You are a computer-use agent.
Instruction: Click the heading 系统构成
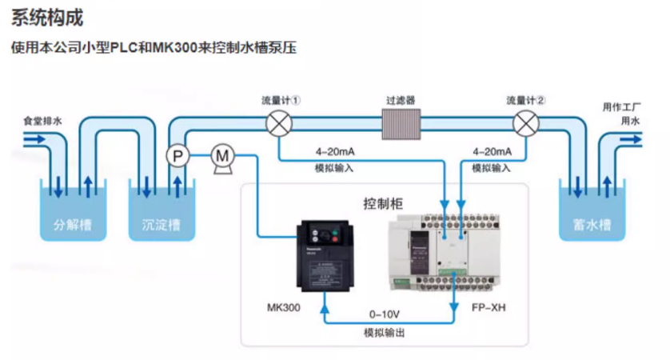tap(47, 17)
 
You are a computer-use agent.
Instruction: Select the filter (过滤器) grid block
tap(401, 124)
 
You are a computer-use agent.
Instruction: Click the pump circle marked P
tap(177, 155)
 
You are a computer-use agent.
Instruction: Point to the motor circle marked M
tap(223, 155)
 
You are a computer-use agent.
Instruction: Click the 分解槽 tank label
tap(73, 225)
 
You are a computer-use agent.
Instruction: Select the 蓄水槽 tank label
tap(592, 225)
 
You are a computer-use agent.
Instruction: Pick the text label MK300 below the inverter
tap(283, 307)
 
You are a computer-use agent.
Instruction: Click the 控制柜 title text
tap(383, 203)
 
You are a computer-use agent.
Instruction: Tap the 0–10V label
tap(385, 314)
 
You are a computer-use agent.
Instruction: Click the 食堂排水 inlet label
tap(42, 121)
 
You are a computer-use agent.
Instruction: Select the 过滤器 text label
tap(401, 101)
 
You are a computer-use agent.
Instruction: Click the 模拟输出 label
tap(385, 332)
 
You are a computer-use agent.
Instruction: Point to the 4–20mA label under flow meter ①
tap(335, 152)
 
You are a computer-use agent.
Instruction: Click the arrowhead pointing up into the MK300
tap(324, 298)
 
